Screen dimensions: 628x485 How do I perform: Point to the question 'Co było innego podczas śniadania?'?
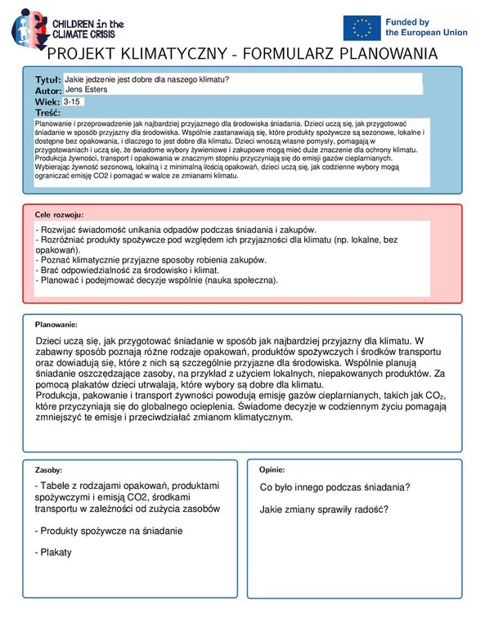tap(335, 488)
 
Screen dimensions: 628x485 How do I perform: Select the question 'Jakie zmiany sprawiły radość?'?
tap(324, 509)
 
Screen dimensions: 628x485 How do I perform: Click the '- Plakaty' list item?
tap(53, 552)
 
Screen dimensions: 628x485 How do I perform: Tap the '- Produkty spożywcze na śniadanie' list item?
tap(109, 531)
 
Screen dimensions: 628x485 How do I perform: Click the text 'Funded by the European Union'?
tap(424, 27)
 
